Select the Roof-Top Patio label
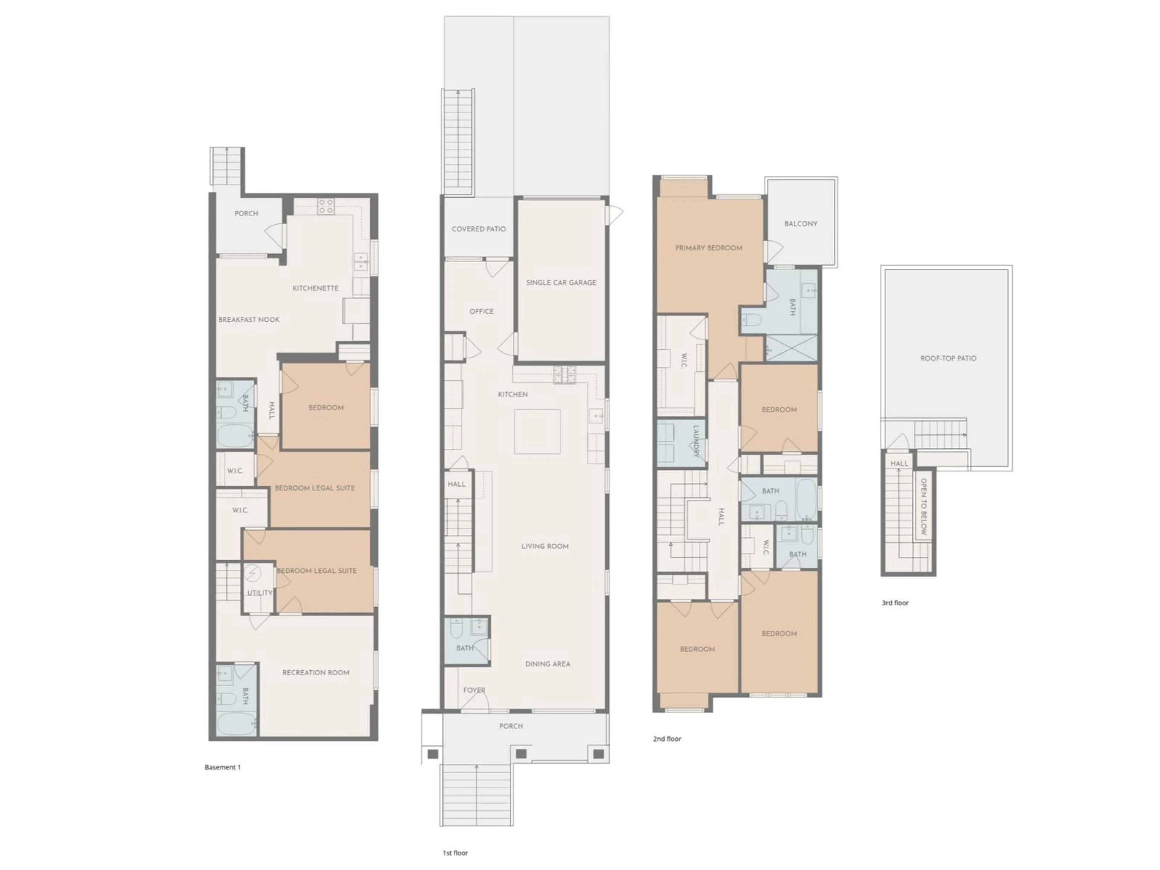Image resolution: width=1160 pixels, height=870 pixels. pos(948,359)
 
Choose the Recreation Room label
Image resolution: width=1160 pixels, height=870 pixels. pos(316,673)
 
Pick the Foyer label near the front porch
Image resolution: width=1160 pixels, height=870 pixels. pos(474,690)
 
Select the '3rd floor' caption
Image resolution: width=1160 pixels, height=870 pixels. pos(895,603)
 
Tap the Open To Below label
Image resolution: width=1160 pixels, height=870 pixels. pos(923,507)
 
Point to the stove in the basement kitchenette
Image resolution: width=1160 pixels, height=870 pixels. pos(326,206)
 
